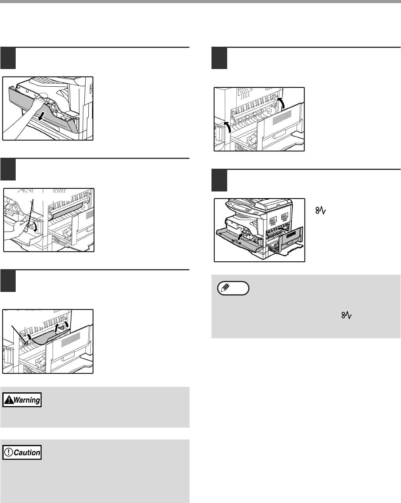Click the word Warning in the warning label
click(x=27, y=400)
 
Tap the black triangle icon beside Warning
click(x=9, y=400)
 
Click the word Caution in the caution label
click(x=27, y=452)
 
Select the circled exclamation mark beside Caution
click(x=8, y=452)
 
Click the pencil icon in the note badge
click(x=225, y=288)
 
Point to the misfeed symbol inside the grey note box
click(x=346, y=315)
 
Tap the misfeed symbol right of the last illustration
click(x=321, y=211)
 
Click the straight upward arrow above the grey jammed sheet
click(x=57, y=328)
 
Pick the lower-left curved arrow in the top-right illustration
click(x=228, y=127)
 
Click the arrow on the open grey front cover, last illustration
click(x=240, y=236)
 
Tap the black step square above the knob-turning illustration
click(x=8, y=169)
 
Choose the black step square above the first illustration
click(x=8, y=58)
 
